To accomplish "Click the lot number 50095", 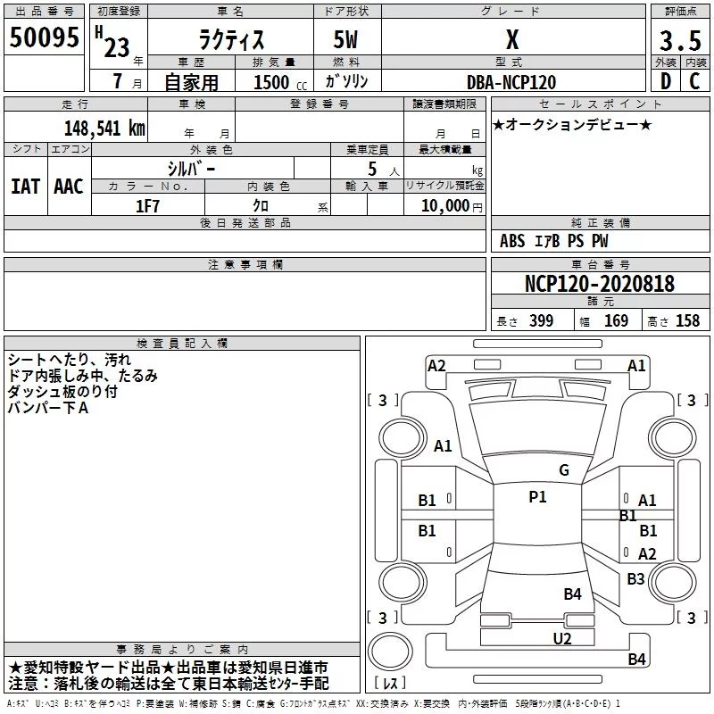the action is point(44,37).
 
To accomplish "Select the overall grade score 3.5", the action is point(680,40).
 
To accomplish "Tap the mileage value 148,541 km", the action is point(104,129).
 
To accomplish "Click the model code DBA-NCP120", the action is point(511,82).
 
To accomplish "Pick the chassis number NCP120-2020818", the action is point(599,283).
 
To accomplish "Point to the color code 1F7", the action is point(147,206).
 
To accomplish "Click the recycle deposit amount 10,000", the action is point(445,206).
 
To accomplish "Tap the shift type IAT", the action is point(26,187).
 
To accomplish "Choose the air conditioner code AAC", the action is point(69,187).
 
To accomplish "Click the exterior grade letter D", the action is point(666,81).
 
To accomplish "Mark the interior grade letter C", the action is point(694,81).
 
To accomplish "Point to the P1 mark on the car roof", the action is point(538,497).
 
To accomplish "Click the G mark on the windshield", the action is point(564,470).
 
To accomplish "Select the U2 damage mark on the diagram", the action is point(562,639).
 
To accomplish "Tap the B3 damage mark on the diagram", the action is point(635,579).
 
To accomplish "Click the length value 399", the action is point(541,321).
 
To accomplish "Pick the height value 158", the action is point(687,321).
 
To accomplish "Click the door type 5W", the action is point(345,39).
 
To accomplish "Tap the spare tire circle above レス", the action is point(390,652).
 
